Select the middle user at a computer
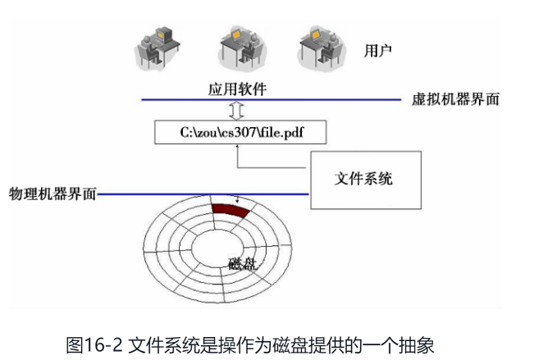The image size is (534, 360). [240, 45]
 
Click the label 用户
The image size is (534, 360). [378, 51]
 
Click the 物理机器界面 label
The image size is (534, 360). [52, 194]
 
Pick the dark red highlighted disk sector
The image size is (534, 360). [230, 210]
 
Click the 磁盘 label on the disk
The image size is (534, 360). [244, 264]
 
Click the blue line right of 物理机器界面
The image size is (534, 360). [205, 194]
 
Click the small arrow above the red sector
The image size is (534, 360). [237, 199]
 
